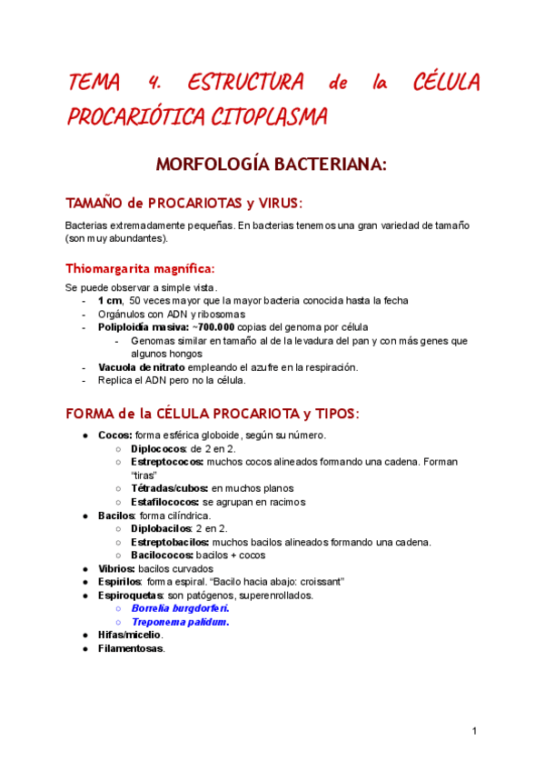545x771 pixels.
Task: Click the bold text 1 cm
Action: coord(110,300)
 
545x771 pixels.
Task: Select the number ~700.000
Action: coord(211,326)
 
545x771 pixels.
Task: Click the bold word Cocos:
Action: coord(115,436)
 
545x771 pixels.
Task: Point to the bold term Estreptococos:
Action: coord(167,462)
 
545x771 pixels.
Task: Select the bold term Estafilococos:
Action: coord(165,502)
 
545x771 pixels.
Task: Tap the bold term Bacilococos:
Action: coord(163,555)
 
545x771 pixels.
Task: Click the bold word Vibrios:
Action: coord(116,568)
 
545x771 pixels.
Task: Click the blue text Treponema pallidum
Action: coord(180,622)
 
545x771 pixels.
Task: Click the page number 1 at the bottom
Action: coord(474,730)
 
